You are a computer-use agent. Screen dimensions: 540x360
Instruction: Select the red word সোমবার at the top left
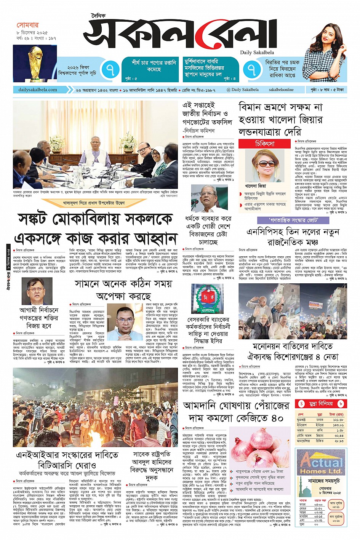coord(27,25)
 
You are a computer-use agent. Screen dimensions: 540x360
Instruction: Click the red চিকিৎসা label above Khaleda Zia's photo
coord(264,144)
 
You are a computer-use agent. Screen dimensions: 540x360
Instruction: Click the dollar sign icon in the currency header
coord(302,404)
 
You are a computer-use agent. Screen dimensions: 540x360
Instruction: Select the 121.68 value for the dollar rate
coord(338,419)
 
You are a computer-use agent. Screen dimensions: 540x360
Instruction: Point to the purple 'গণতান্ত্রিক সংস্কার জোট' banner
coord(293,220)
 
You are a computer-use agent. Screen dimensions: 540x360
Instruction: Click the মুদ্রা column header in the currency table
coord(320,414)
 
